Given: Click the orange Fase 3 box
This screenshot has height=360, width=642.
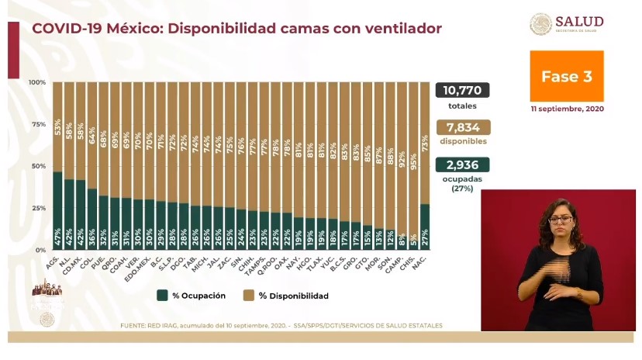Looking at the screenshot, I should pyautogui.click(x=566, y=76).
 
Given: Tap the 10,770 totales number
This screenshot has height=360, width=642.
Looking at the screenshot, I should pyautogui.click(x=461, y=91).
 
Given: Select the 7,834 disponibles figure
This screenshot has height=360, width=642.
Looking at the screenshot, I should pyautogui.click(x=461, y=127).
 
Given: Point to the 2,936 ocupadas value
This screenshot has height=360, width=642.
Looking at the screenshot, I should pyautogui.click(x=461, y=164).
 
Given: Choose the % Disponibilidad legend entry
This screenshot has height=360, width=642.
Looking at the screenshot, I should pyautogui.click(x=286, y=296).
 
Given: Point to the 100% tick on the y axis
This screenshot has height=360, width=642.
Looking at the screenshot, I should pyautogui.click(x=37, y=82).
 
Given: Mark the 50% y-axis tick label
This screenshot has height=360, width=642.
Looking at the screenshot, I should pyautogui.click(x=37, y=166).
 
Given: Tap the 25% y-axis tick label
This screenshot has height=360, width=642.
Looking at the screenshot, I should pyautogui.click(x=37, y=208).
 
